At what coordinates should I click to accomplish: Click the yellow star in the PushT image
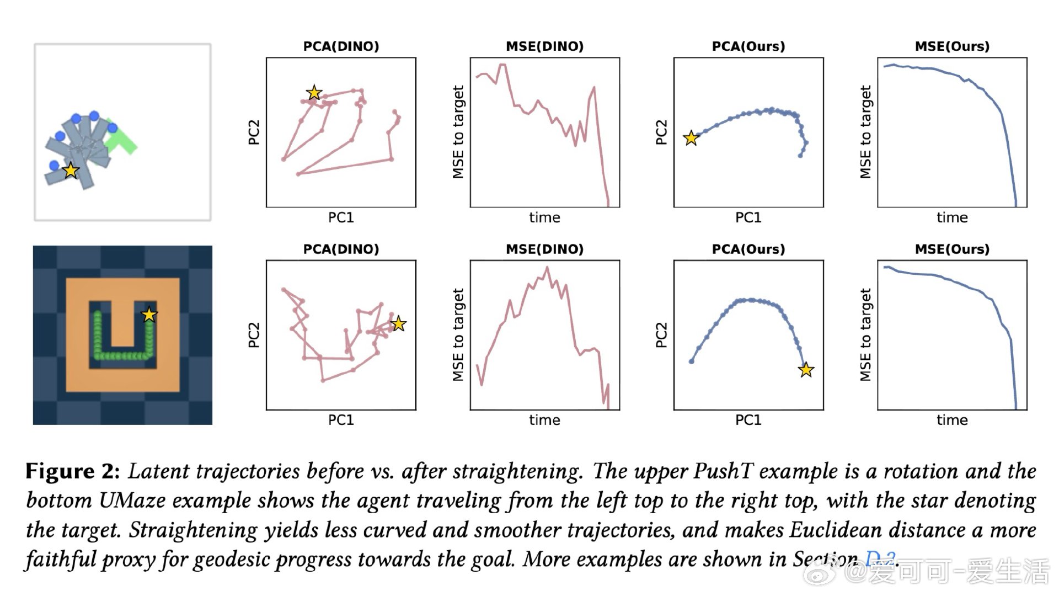pyautogui.click(x=71, y=171)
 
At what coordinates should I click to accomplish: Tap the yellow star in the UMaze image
pyautogui.click(x=149, y=315)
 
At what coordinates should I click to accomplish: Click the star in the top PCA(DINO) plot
pyautogui.click(x=314, y=93)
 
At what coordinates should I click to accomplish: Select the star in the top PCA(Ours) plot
pyautogui.click(x=691, y=138)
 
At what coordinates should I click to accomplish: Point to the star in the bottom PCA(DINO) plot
pyautogui.click(x=398, y=324)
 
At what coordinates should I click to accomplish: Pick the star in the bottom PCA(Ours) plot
pyautogui.click(x=806, y=370)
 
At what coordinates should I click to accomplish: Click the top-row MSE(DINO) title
pyautogui.click(x=544, y=46)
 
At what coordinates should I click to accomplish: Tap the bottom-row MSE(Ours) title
pyautogui.click(x=952, y=249)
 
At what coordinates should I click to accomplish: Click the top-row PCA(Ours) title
pyautogui.click(x=748, y=46)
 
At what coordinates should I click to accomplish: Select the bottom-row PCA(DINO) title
pyautogui.click(x=341, y=249)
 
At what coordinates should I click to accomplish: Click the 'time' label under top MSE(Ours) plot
pyautogui.click(x=952, y=217)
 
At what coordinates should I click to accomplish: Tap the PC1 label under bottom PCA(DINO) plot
pyautogui.click(x=341, y=420)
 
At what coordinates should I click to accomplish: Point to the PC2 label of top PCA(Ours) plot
pyautogui.click(x=661, y=132)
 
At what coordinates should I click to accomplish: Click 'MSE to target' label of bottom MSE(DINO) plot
pyautogui.click(x=458, y=335)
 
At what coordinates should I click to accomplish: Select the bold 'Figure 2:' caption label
pyautogui.click(x=72, y=471)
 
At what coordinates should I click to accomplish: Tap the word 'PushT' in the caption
pyautogui.click(x=723, y=471)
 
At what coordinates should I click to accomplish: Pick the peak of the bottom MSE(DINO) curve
pyautogui.click(x=547, y=268)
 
